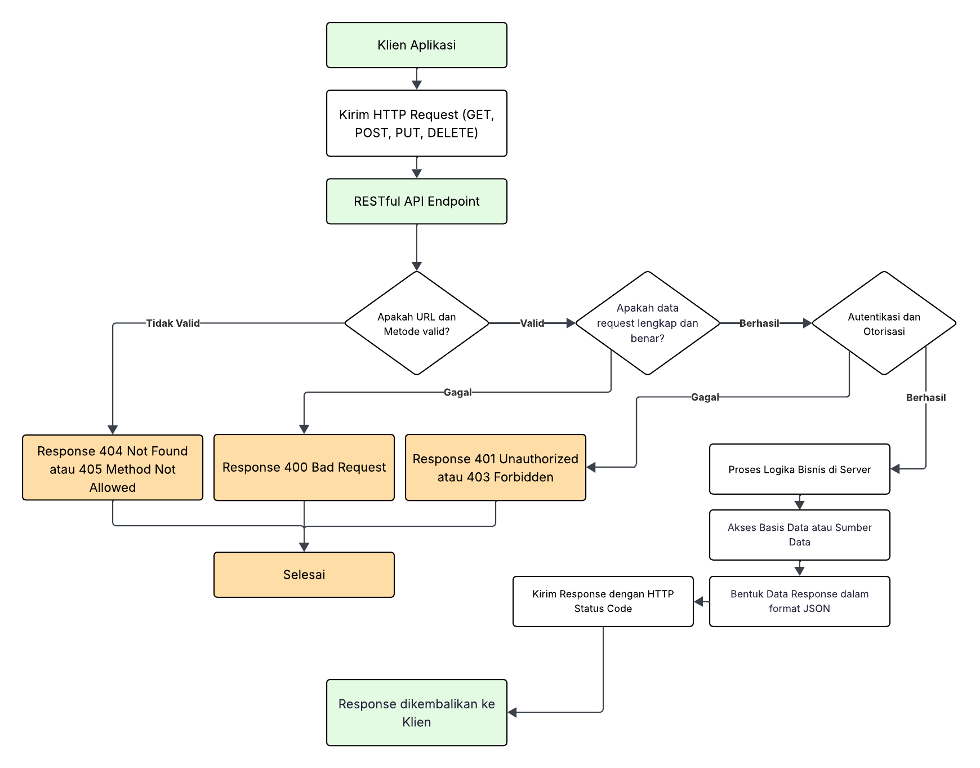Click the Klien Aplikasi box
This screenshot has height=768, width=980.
[416, 45]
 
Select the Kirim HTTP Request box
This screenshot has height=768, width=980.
[416, 123]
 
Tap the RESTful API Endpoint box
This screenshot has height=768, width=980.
[416, 201]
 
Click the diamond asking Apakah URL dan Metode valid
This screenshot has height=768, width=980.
[416, 323]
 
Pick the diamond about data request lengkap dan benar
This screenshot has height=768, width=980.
[647, 323]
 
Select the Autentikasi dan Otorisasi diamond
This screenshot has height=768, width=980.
[884, 323]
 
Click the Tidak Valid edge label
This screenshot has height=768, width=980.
[173, 323]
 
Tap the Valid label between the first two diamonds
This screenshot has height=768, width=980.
[532, 323]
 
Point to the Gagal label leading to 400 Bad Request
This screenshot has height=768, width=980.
[457, 392]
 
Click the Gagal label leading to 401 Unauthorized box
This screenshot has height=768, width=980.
[705, 397]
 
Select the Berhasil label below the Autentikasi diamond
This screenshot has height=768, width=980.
[925, 398]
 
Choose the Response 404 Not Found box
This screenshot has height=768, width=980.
[113, 468]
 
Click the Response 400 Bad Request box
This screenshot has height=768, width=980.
[304, 468]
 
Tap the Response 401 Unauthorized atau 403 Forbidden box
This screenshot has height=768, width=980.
[496, 468]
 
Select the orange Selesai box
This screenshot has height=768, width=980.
[304, 575]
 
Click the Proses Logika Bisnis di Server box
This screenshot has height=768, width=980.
[799, 469]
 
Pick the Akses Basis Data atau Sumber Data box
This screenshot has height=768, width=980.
[799, 535]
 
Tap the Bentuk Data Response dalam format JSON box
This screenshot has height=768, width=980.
[799, 601]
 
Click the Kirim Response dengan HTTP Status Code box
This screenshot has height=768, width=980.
[603, 601]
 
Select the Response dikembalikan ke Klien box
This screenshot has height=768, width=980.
[416, 713]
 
